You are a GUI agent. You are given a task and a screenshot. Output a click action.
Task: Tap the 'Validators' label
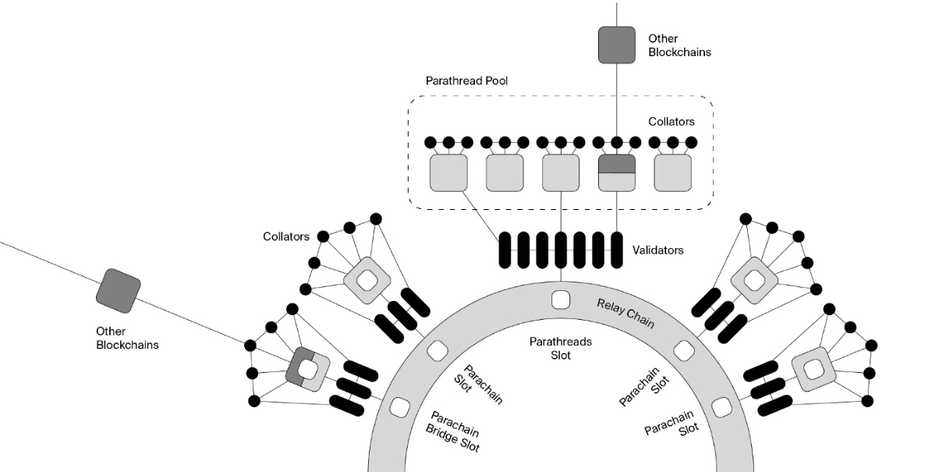coord(658,250)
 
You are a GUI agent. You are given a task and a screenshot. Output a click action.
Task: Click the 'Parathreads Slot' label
coord(560,348)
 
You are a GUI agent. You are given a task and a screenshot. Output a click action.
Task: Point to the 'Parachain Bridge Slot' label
coord(454,432)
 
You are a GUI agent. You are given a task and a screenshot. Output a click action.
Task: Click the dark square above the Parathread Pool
coord(617,44)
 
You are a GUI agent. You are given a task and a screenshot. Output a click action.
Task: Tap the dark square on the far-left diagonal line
coord(118,288)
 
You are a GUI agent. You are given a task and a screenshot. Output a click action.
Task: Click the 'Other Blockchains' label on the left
coord(127,338)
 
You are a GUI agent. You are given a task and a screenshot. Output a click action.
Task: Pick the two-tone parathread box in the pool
coord(617,172)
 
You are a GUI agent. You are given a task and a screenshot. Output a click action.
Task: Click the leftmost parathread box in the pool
coord(448,172)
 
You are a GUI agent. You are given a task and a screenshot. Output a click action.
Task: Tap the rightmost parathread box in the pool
coord(673,172)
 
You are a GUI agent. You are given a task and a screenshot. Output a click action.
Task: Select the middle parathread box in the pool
coord(561,172)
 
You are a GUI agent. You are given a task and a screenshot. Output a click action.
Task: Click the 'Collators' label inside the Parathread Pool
coord(671,122)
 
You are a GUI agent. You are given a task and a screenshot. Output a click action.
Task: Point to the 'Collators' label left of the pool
coord(286,236)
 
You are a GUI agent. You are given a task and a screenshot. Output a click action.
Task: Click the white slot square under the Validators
coord(561,300)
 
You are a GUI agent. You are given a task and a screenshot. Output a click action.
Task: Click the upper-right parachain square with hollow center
coord(754,279)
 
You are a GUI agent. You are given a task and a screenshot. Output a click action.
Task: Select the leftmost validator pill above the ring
coord(505,251)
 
